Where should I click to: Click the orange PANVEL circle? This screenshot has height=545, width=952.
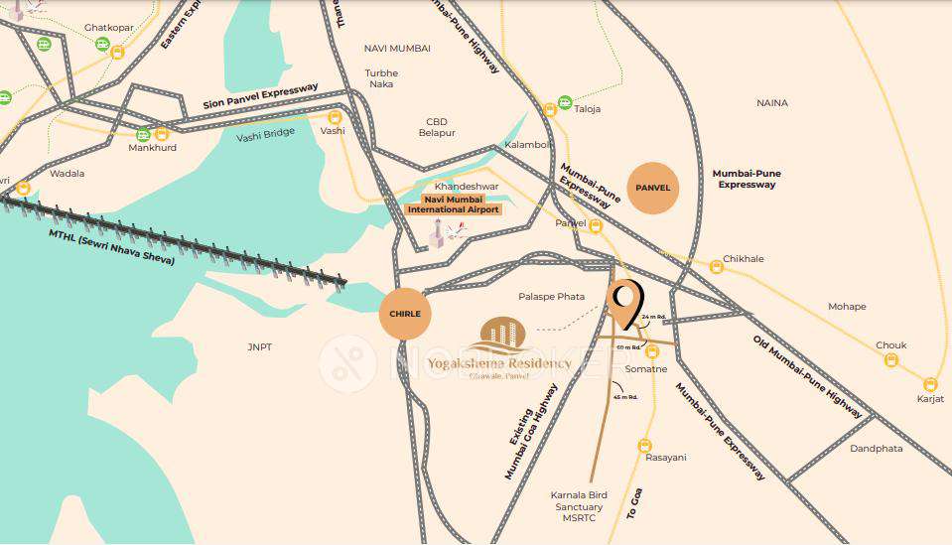653,188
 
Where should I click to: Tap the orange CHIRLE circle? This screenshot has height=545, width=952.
405,314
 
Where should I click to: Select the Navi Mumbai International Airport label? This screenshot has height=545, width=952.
454,204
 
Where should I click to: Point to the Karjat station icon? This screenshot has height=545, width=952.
930,384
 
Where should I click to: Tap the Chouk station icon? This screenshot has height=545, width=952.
891,360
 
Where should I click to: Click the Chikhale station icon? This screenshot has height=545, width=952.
717,266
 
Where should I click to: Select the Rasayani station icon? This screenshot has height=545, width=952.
645,446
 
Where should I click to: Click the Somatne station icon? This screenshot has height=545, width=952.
652,351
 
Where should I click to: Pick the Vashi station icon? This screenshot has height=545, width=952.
335,117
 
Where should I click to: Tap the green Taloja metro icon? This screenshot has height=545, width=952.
565,101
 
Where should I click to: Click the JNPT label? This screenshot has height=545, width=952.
260,347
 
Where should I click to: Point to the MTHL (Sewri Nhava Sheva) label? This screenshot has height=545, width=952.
111,247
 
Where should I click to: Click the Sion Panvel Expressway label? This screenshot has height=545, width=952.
260,96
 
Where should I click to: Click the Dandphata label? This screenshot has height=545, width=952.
877,449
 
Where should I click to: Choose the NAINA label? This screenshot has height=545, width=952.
771,103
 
